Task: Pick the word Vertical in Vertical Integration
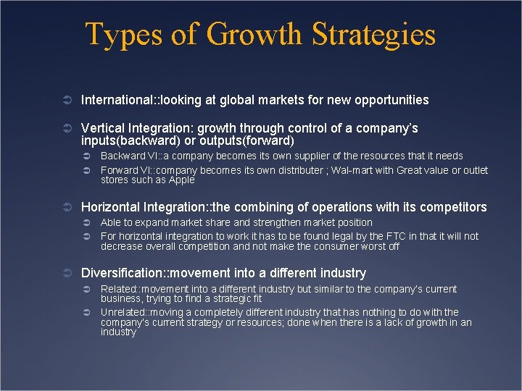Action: coord(102,128)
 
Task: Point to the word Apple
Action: coord(181,180)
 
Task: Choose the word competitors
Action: coord(453,207)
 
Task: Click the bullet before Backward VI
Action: coord(86,156)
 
